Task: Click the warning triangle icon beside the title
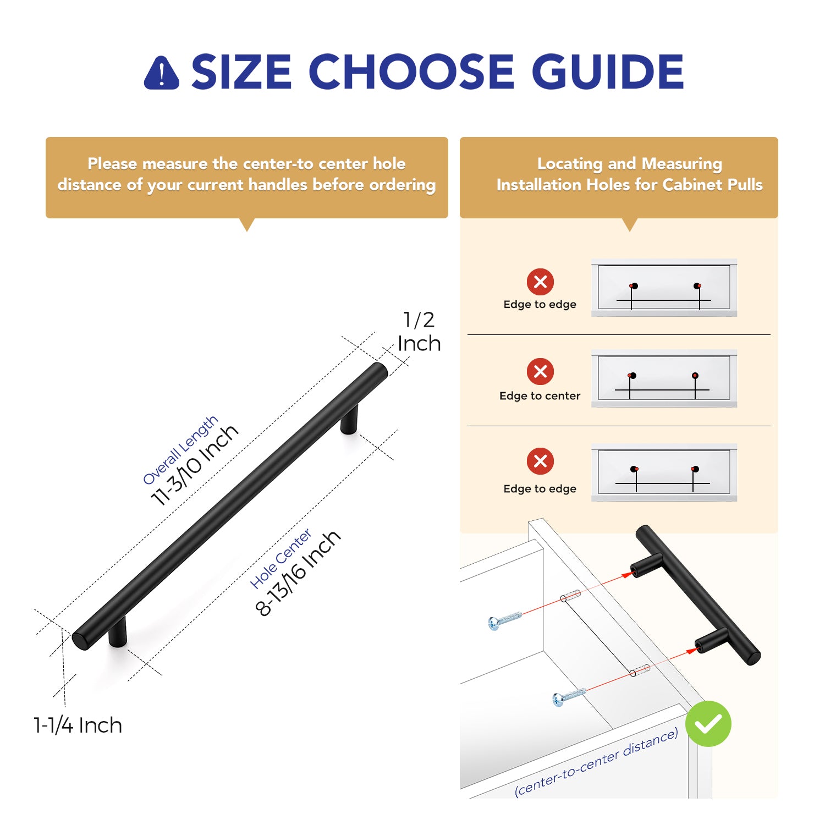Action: (x=161, y=73)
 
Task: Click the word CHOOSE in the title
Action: (x=414, y=71)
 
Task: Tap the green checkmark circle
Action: (x=708, y=724)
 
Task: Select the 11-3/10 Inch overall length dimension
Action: (x=195, y=465)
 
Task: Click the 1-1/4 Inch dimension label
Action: (x=78, y=725)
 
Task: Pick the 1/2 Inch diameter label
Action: (x=419, y=331)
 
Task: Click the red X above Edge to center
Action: (x=540, y=372)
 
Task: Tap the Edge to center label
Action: (x=540, y=395)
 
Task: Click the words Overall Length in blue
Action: (x=180, y=450)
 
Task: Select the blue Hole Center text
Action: (x=281, y=558)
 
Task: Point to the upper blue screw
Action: (x=504, y=620)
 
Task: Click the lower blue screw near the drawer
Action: (x=569, y=696)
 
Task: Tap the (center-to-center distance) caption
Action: (x=596, y=762)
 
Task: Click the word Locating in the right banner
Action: (x=570, y=164)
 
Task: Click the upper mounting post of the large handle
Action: (x=349, y=419)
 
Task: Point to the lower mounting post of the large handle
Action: (x=118, y=631)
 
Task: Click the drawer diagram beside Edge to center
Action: (x=664, y=378)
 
